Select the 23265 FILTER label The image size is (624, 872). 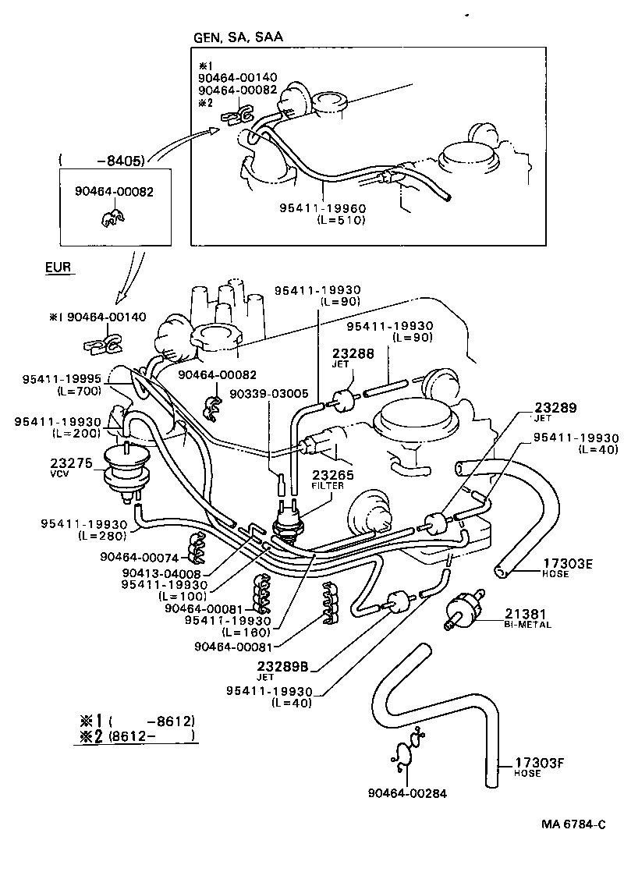(333, 474)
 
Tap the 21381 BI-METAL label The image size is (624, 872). (520, 614)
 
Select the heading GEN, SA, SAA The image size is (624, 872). (238, 37)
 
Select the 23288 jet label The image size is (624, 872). (353, 353)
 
